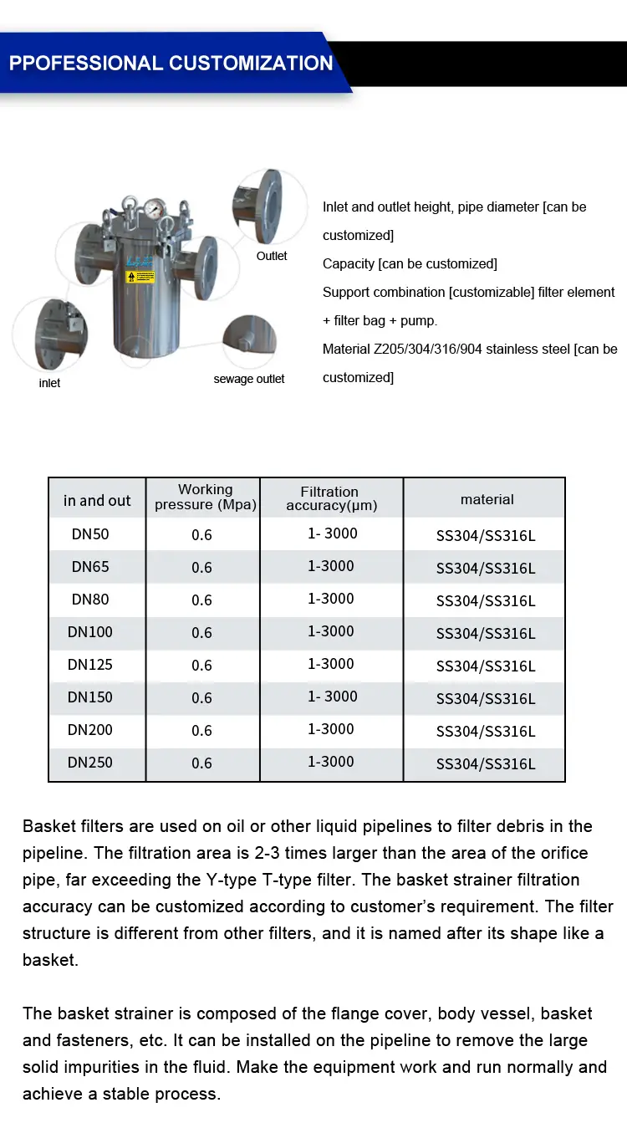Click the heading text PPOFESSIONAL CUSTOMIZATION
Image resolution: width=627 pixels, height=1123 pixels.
(171, 64)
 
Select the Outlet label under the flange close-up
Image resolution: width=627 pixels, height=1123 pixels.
(272, 256)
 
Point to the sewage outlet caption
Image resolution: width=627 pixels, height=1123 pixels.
(249, 379)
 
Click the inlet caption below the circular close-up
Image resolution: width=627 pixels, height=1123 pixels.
(49, 383)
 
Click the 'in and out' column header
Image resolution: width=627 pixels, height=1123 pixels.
(97, 500)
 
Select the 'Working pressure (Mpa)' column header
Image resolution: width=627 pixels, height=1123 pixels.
(205, 497)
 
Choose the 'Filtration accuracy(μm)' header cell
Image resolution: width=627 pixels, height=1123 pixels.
(331, 498)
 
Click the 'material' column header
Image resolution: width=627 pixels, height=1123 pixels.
(487, 499)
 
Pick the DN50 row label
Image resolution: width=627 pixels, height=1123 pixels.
(90, 534)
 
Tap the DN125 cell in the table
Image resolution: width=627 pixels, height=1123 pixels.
(90, 665)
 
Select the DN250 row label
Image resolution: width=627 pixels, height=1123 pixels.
(90, 763)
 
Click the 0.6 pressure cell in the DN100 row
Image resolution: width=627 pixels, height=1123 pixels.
(202, 633)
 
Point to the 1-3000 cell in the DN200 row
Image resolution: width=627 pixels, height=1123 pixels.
(331, 729)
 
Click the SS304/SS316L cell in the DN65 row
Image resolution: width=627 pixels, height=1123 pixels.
(486, 569)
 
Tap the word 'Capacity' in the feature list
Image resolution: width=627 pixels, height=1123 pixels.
(349, 264)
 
